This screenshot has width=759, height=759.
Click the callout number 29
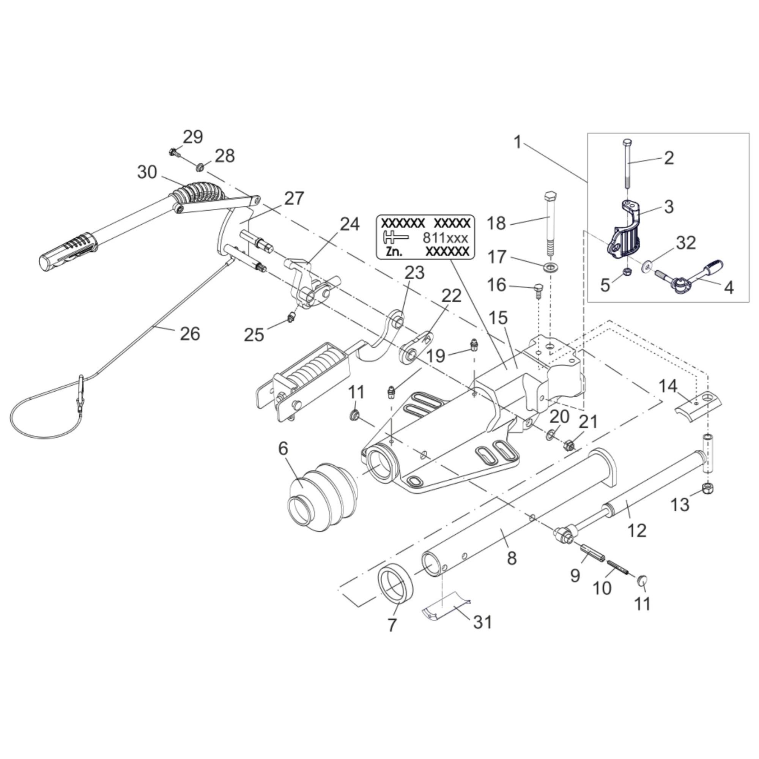click(x=193, y=137)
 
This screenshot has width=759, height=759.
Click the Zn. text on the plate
click(x=394, y=252)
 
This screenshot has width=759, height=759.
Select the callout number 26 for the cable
click(x=190, y=334)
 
